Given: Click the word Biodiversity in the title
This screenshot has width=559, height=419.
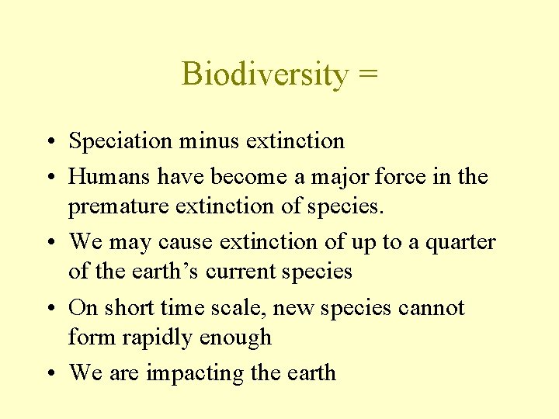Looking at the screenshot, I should pyautogui.click(x=265, y=75).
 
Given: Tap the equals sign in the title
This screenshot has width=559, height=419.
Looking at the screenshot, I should pyautogui.click(x=368, y=75).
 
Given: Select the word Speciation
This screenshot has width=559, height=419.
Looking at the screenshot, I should pyautogui.click(x=120, y=141).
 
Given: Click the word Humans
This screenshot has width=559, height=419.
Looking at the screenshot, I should pyautogui.click(x=109, y=177).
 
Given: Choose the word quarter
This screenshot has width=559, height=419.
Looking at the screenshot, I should pyautogui.click(x=458, y=242).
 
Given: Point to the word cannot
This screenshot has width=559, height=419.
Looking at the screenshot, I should pyautogui.click(x=431, y=307).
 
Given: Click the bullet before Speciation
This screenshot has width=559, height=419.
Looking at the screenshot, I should pyautogui.click(x=50, y=142).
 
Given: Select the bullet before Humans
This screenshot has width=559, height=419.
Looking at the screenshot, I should pyautogui.click(x=50, y=178).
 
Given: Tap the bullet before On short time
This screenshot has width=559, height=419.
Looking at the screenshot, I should pyautogui.click(x=50, y=308).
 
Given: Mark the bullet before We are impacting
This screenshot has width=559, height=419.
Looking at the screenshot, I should pyautogui.click(x=50, y=373).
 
